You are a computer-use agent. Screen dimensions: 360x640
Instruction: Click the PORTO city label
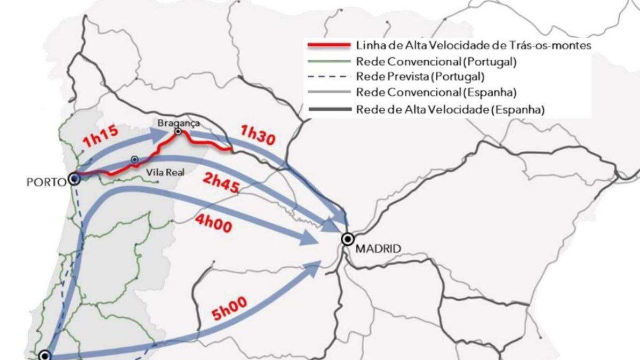click(45, 180)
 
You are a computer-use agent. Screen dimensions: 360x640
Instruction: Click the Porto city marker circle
click(74, 179)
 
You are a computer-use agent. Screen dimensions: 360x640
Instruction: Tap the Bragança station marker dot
click(178, 131)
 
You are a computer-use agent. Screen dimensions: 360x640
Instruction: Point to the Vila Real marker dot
click(135, 159)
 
